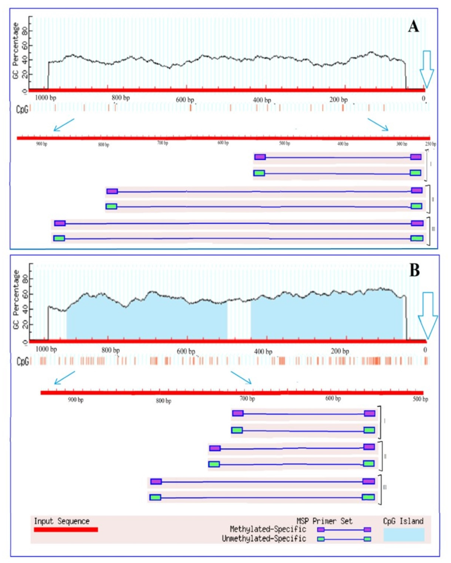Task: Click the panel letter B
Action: pos(415,271)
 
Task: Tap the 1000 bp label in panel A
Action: pos(46,98)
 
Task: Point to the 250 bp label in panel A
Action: pos(431,144)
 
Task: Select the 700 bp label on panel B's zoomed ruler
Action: pos(247,399)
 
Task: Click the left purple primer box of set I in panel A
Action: pos(260,157)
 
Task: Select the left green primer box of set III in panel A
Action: pos(59,238)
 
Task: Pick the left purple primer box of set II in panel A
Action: pos(112,191)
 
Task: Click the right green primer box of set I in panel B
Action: pos(369,430)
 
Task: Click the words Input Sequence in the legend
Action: pos(62,521)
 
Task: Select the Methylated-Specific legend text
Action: pos(268,529)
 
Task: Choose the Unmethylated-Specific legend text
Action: pos(264,538)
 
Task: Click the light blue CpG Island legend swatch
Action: pos(404,534)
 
